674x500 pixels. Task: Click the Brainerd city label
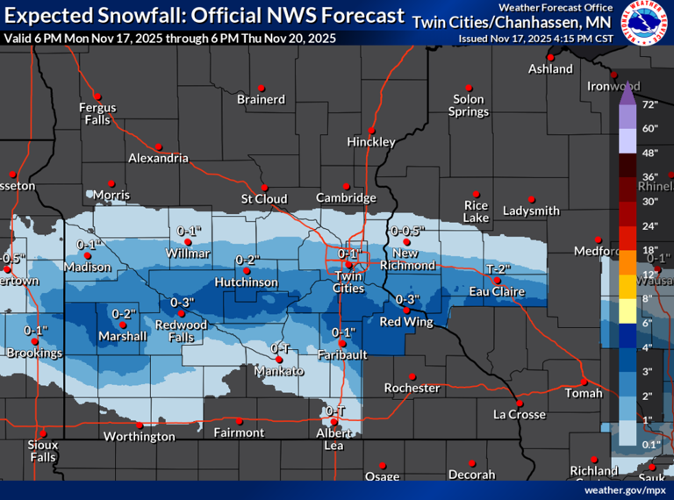tap(261, 99)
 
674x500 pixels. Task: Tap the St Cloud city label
tap(264, 199)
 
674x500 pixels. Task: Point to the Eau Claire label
tap(497, 291)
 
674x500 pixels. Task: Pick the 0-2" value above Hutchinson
tap(248, 260)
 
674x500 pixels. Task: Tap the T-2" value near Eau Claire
tap(498, 268)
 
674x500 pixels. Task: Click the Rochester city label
tap(412, 388)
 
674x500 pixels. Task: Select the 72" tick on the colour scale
tap(650, 104)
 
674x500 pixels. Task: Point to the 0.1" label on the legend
tap(650, 445)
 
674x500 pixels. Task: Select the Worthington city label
tap(140, 436)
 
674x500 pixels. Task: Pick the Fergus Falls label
tap(97, 113)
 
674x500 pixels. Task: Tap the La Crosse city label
tap(519, 414)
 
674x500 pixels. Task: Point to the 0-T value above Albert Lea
tap(335, 411)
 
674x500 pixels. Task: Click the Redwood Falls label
tap(181, 331)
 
